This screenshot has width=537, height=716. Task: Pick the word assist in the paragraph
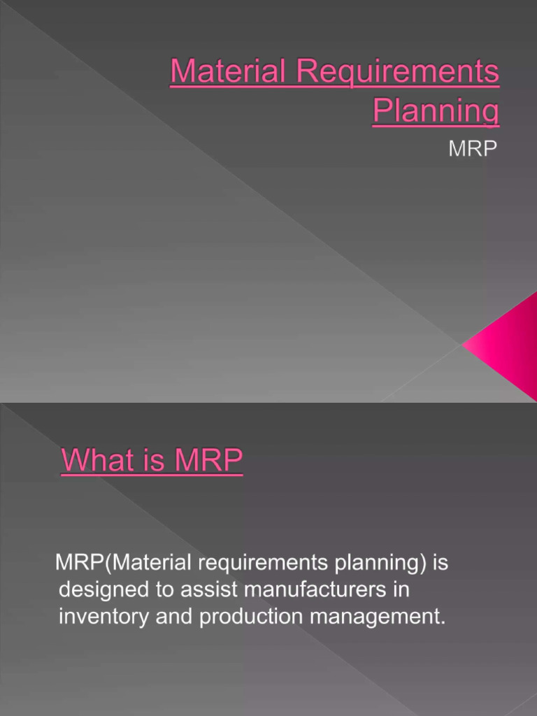click(209, 590)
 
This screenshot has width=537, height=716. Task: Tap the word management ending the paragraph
click(375, 617)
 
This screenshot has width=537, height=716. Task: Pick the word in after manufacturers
click(400, 590)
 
